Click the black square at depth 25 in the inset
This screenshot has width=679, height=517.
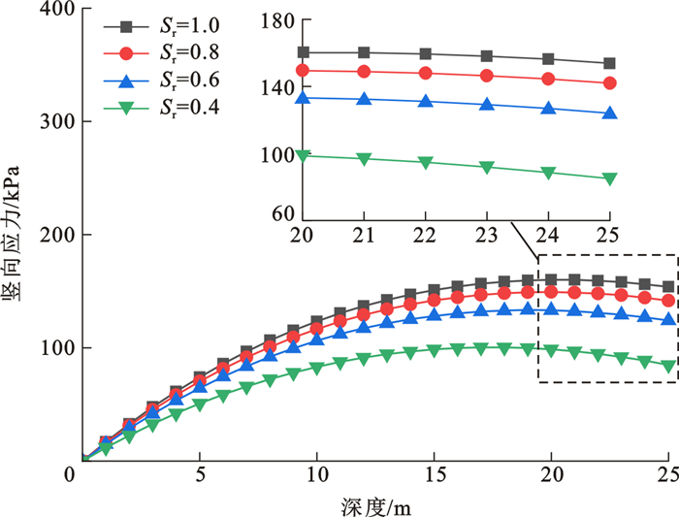coord(609,63)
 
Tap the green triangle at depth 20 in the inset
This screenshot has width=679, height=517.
coord(303,155)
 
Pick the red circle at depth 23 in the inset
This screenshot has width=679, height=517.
coord(486,76)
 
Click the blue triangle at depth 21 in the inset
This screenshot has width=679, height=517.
coord(364,99)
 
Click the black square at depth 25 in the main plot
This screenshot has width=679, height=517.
coord(668,287)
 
